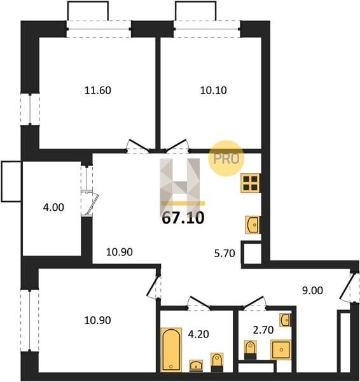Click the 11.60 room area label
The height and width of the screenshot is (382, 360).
[97, 90]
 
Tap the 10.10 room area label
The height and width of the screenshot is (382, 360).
[214, 90]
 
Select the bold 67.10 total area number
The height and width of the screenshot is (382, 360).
[183, 218]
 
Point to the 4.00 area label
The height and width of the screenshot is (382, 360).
[53, 208]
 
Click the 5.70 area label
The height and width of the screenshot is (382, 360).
[225, 253]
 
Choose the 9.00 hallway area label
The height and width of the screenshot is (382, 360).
[312, 290]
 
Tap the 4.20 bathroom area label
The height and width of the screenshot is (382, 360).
[198, 334]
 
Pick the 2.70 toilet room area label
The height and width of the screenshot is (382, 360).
[263, 330]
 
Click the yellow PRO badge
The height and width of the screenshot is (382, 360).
[226, 159]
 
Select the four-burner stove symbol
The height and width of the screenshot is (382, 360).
[251, 183]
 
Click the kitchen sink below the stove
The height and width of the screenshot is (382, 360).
[253, 225]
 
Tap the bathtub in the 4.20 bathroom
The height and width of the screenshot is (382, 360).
[171, 350]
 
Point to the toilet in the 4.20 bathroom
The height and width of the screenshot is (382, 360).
[217, 362]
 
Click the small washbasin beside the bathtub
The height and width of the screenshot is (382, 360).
[196, 365]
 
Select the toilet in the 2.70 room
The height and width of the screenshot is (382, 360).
[250, 350]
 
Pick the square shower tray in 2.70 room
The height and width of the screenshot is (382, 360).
[281, 350]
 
